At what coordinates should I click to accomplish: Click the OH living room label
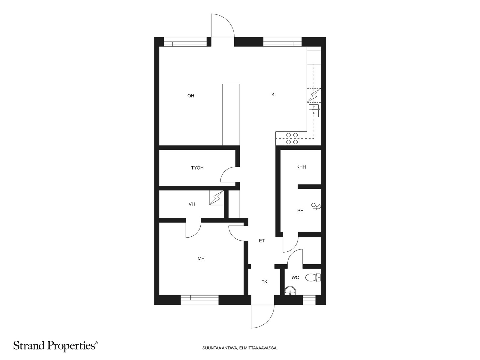(191, 96)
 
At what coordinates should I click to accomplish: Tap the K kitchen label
(273, 94)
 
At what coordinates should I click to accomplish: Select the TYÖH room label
(197, 168)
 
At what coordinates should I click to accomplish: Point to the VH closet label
(192, 204)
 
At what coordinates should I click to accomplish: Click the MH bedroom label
(201, 259)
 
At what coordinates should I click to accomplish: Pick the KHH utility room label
(301, 167)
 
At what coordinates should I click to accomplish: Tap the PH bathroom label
(301, 211)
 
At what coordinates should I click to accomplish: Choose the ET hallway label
(262, 241)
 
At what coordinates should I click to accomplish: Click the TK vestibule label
(264, 282)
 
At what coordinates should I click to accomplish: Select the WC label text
(295, 277)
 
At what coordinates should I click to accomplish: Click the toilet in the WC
(313, 277)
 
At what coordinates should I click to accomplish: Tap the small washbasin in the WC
(290, 291)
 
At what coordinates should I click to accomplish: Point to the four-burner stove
(292, 139)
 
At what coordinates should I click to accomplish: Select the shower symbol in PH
(316, 207)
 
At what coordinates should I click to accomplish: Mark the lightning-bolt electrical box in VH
(217, 198)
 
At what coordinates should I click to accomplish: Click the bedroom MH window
(200, 300)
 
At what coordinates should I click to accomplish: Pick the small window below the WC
(309, 300)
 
